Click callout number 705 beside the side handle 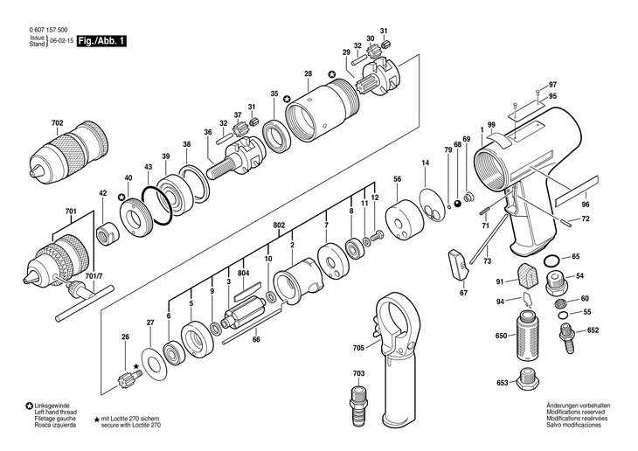click(x=358, y=348)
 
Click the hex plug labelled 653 click(x=528, y=381)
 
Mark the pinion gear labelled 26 click(x=127, y=380)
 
